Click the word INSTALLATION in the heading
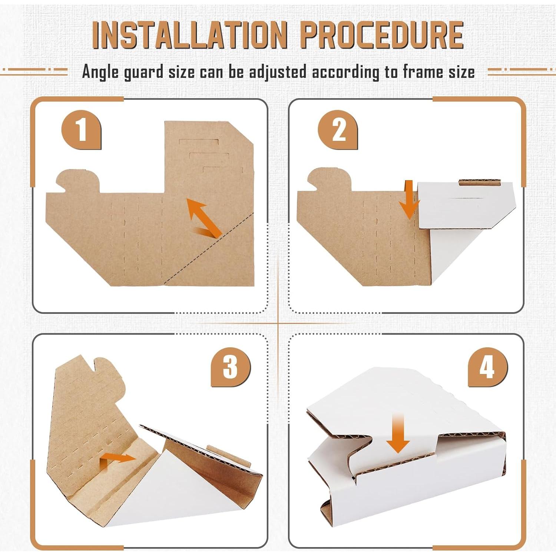tap(190, 35)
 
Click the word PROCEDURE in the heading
tap(382, 35)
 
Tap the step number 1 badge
tap(81, 130)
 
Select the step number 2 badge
tap(338, 130)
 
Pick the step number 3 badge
tap(231, 367)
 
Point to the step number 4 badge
tap(488, 367)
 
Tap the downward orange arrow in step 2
tap(409, 199)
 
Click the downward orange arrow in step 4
tap(398, 434)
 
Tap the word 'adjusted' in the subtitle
tap(278, 72)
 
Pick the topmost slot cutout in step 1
tap(199, 142)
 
